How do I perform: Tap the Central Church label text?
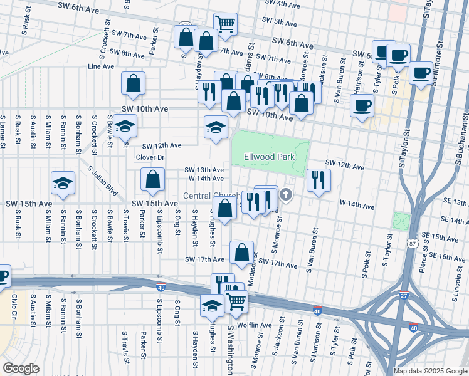pos(203,196)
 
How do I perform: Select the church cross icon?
pos(287,195)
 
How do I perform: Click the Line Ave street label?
pos(102,66)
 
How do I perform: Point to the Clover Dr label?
pos(150,157)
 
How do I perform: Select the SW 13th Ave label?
pos(204,170)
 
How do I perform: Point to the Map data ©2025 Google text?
pos(430,371)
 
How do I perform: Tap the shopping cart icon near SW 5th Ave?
pos(225,24)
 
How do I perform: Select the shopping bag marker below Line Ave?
pos(133,83)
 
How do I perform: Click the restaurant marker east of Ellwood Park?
pos(319,180)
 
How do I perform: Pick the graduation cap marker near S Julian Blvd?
pos(63,184)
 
